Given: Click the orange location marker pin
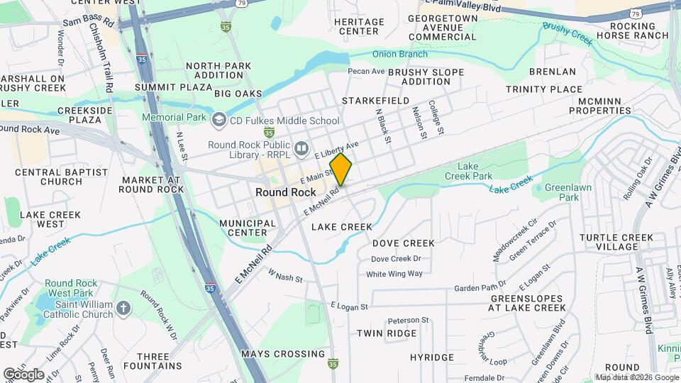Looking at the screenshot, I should coord(341,169).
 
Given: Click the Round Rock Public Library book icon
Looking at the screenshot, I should coord(301,148).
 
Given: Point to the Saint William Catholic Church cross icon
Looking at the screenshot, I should coord(123,307).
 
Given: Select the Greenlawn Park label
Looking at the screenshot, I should coord(563,192).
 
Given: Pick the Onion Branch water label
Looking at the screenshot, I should coord(400,54).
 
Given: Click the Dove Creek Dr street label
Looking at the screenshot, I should coord(396,259).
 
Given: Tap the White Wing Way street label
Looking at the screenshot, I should coord(394,274).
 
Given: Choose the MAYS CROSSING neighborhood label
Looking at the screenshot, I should coord(282,353).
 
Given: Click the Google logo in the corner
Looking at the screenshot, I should coord(23,374).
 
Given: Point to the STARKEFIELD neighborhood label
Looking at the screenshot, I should coord(375,101).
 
